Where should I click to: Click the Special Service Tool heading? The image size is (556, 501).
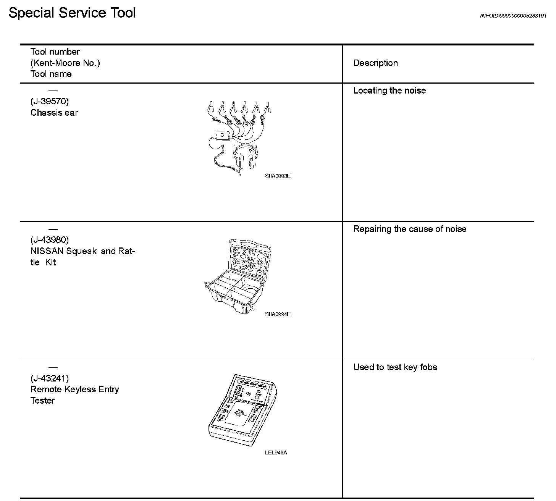(72, 13)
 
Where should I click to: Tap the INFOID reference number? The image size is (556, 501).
(513, 16)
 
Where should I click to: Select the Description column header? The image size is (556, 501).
(375, 63)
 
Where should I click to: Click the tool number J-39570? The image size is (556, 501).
(50, 101)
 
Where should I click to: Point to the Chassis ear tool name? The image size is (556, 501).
(54, 113)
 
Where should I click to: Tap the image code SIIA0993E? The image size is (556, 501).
(278, 176)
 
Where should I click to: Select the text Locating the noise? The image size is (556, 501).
(390, 91)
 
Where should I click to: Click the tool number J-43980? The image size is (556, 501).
(50, 240)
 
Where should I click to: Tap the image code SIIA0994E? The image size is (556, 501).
(278, 314)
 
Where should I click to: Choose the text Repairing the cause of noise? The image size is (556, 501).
(410, 229)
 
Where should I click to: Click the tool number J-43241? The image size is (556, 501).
(50, 378)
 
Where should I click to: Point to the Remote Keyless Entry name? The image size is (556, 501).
(75, 389)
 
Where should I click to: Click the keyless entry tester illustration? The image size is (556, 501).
(242, 410)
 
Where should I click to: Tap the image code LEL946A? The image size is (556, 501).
(276, 453)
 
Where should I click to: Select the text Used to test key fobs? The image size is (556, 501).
(395, 367)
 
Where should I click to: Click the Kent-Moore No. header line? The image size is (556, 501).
(65, 63)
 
